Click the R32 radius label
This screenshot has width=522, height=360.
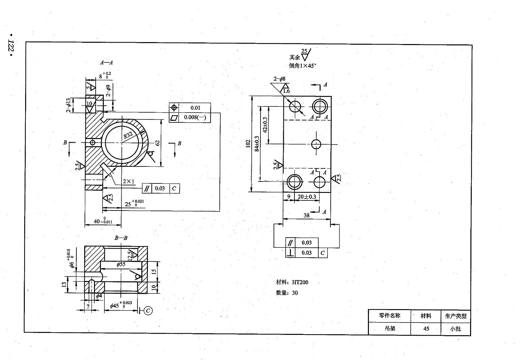coord(128,135)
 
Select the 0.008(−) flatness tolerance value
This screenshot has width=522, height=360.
coord(195,117)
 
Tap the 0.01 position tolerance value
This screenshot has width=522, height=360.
coord(195,108)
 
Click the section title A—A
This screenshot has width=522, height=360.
coord(106,62)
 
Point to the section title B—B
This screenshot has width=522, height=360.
coord(121,238)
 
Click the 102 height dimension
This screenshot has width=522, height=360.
coord(248,144)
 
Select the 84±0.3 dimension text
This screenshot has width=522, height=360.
coord(257,144)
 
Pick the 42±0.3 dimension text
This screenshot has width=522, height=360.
coord(265,125)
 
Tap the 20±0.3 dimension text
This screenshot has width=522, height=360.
coord(307,197)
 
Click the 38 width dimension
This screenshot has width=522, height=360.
coord(307,215)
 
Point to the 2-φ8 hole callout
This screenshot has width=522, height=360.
coord(279,79)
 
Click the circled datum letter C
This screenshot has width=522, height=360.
coord(148,310)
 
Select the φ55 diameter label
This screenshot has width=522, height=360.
coord(121,264)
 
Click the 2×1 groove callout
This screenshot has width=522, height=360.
coord(129,181)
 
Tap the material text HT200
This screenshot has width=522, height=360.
coord(300,282)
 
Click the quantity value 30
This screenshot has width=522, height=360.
coord(295,293)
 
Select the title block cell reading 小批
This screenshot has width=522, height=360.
coord(455,329)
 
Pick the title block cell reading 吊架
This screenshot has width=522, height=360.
coord(390,328)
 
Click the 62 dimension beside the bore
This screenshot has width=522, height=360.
coord(157,143)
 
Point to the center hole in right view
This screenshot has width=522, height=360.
coord(316,144)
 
